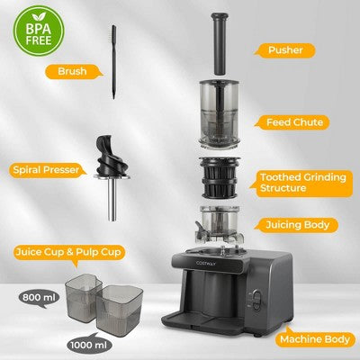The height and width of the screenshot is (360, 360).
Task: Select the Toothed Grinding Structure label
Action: tap(297, 183)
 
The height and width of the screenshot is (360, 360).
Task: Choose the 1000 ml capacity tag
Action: tap(90, 344)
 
